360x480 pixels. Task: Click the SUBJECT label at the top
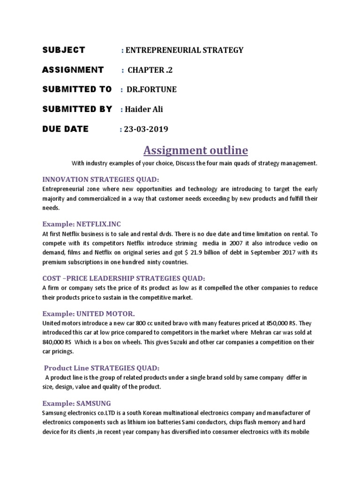[64, 50]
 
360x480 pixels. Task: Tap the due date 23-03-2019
[146, 129]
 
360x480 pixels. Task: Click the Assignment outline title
[195, 150]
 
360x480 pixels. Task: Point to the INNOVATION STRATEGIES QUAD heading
[101, 179]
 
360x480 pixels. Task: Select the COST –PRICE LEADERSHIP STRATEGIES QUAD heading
[124, 278]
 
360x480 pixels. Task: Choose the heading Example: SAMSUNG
[76, 403]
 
